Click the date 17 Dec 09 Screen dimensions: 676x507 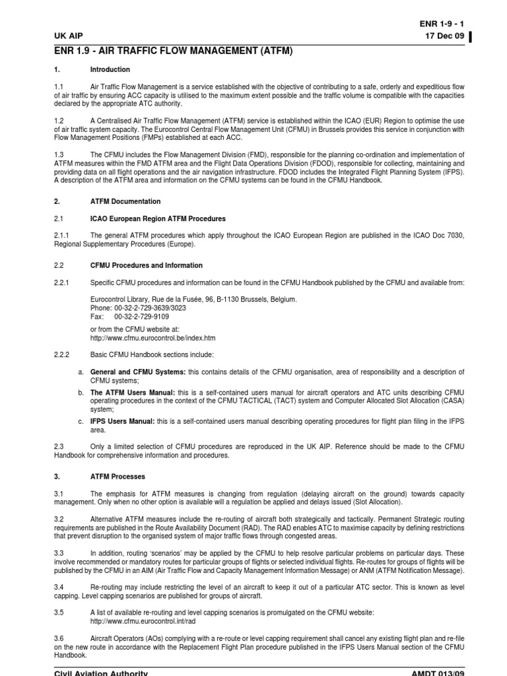pos(445,36)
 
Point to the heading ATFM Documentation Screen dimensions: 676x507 pos(125,201)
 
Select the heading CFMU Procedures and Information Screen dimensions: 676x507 pos(146,265)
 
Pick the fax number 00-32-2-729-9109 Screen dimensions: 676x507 pos(141,316)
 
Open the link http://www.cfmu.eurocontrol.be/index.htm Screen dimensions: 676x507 pos(152,338)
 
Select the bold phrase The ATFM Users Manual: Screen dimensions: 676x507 pos(132,392)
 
